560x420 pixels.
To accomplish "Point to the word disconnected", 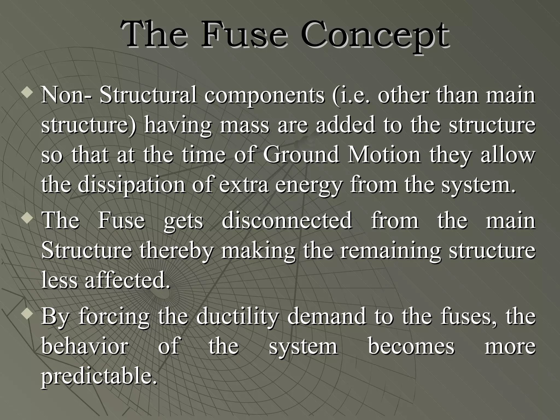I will [x=287, y=220].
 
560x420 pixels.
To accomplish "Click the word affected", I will [x=127, y=281].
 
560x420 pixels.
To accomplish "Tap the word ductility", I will [x=237, y=317].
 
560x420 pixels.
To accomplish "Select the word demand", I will [x=326, y=316].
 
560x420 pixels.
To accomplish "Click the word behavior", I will [x=85, y=346].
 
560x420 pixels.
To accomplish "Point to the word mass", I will [x=244, y=125].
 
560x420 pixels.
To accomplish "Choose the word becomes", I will [x=411, y=346].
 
